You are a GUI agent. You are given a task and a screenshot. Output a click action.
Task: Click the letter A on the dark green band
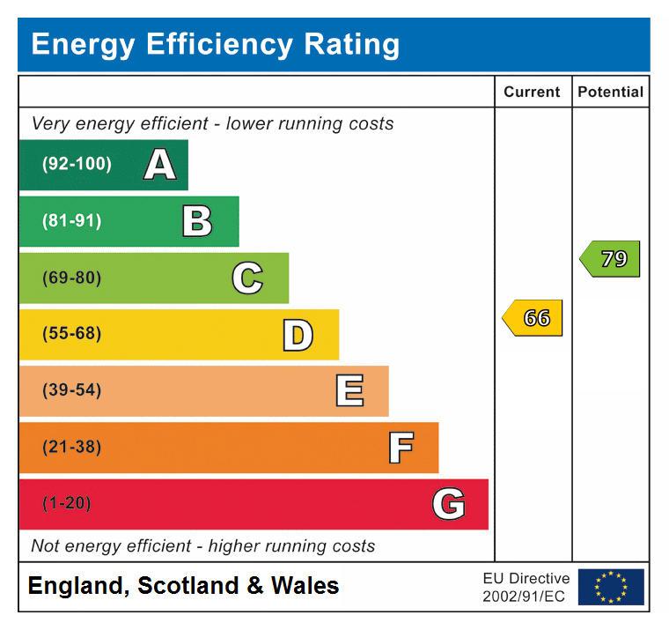159,165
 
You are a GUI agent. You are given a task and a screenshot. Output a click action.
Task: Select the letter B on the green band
197,221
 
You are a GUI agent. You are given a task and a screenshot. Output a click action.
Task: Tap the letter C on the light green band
247,278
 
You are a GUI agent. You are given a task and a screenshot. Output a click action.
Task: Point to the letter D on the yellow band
298,335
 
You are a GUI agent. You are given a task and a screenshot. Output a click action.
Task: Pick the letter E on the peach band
349,391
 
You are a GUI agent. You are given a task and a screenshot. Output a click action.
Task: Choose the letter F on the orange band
401,448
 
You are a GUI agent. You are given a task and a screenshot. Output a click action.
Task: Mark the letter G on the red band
449,504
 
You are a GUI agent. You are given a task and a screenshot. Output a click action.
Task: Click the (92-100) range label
77,165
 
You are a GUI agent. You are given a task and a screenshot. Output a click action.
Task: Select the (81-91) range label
71,221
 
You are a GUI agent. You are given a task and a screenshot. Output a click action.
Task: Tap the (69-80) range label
71,278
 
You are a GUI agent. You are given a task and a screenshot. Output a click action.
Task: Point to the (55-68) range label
71,335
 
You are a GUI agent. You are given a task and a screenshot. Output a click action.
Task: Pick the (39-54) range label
71,391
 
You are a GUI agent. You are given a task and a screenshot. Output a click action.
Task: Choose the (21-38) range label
71,448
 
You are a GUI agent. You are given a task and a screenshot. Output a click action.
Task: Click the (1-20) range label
66,504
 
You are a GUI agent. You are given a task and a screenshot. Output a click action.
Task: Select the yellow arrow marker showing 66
533,318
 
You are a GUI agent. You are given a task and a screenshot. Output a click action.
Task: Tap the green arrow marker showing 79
611,259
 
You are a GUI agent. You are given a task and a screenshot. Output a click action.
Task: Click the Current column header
532,92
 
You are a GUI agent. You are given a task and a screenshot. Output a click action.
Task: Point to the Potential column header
610,92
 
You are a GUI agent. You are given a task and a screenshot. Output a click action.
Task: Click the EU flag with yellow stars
611,587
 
